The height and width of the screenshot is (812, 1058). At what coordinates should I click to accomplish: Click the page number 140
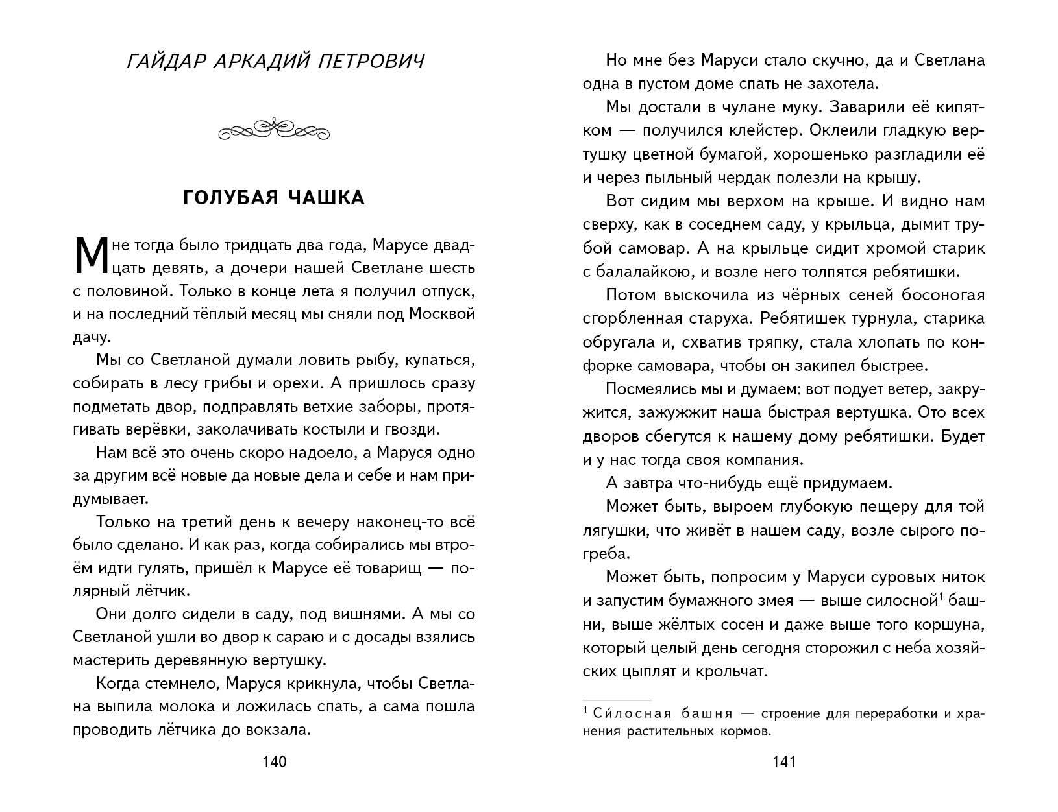(273, 762)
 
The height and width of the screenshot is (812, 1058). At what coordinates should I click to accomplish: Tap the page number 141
(783, 762)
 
